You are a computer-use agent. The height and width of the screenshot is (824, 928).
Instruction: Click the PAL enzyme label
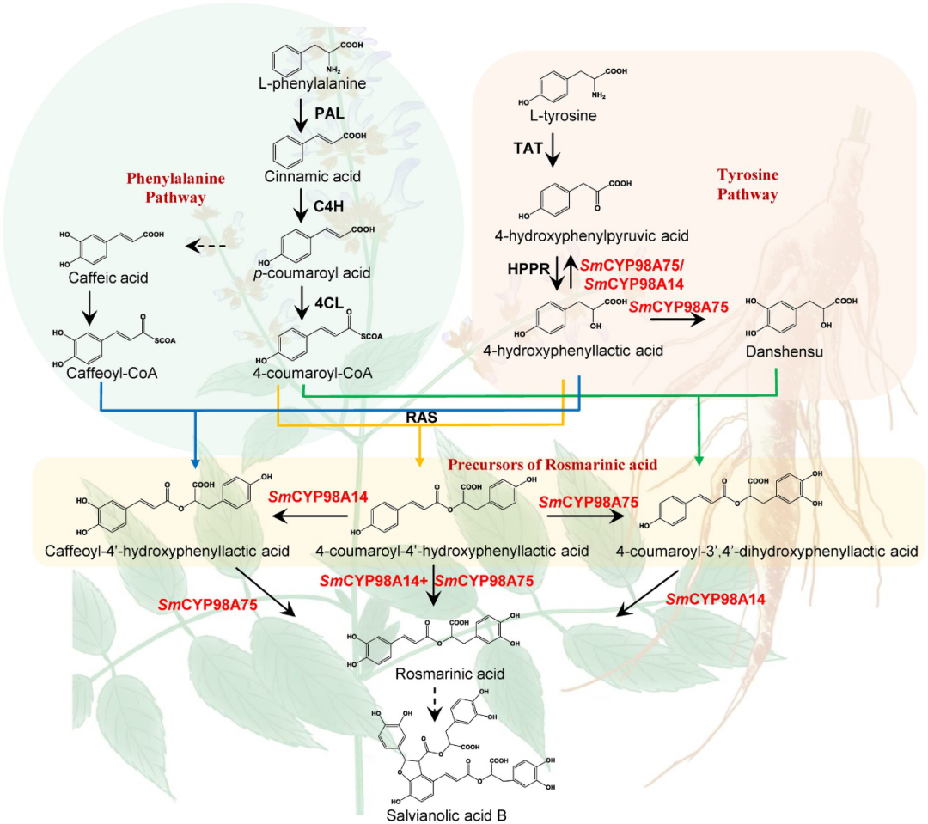(330, 113)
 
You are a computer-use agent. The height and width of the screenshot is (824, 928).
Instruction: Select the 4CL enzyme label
(329, 303)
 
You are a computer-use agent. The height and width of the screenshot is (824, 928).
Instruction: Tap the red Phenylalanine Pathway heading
(175, 186)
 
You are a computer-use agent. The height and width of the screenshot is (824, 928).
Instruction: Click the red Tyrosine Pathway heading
(747, 184)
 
